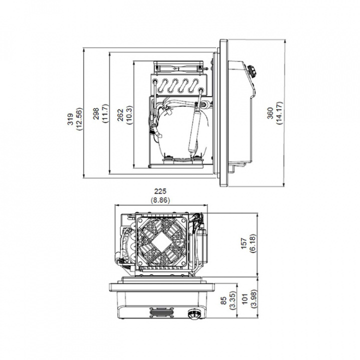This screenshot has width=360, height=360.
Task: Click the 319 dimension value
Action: point(71,118)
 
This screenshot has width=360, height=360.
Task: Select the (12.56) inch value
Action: point(79,118)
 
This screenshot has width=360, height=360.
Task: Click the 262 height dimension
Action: point(122,115)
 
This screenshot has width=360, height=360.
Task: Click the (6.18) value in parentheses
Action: point(253,244)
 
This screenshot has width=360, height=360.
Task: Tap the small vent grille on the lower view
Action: point(161,313)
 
